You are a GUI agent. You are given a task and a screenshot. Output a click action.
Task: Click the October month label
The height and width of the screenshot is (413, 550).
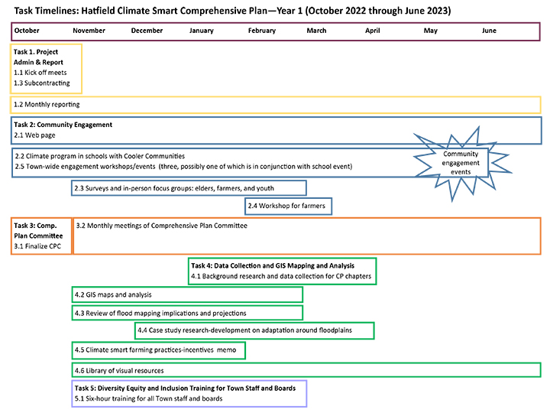[27, 31]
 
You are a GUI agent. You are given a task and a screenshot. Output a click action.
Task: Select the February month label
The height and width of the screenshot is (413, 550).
[261, 31]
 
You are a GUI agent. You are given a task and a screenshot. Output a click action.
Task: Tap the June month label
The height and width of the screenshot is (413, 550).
[489, 31]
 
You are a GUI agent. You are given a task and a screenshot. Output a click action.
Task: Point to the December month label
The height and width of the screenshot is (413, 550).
[147, 31]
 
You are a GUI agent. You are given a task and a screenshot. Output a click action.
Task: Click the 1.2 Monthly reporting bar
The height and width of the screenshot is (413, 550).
[275, 104]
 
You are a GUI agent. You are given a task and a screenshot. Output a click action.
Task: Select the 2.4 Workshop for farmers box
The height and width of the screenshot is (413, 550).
[288, 206]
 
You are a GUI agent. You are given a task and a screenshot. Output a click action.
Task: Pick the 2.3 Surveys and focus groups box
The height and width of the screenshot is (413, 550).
[189, 188]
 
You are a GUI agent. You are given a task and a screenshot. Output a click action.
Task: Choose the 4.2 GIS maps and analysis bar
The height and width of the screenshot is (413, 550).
[186, 294]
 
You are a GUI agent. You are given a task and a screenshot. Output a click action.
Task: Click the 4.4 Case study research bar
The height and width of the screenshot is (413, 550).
[254, 330]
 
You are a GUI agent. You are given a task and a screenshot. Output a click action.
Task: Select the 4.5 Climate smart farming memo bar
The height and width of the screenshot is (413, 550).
[158, 350]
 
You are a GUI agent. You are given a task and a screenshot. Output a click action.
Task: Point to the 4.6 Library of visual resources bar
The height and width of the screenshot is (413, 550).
[306, 370]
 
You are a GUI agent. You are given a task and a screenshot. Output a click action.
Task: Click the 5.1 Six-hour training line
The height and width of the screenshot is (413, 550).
[148, 399]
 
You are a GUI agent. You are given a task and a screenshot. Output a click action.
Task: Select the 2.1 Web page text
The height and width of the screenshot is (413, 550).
[35, 135]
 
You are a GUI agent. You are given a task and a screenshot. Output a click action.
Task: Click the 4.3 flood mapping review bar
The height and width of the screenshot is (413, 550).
[186, 313]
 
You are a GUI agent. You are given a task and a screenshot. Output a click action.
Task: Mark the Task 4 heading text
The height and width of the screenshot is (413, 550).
[283, 265]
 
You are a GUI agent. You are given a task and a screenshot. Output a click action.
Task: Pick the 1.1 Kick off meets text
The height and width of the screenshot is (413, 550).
[40, 73]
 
